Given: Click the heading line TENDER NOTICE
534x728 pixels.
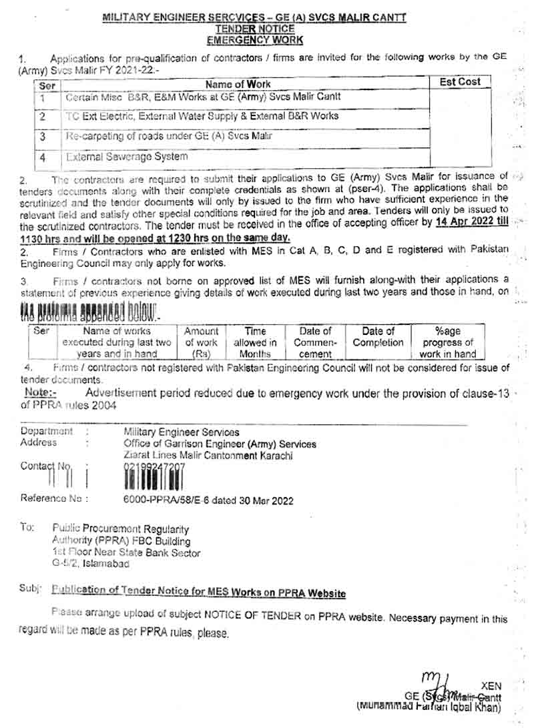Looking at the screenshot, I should (254, 29).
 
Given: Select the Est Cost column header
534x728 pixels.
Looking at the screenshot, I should (460, 82).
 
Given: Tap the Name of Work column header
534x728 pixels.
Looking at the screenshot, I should (238, 85).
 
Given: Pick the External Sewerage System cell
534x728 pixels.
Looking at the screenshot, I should (127, 157).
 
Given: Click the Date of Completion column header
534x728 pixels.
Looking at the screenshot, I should (378, 337).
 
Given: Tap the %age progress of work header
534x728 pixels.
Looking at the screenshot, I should (447, 342).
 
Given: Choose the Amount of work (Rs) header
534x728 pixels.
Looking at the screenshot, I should (201, 342).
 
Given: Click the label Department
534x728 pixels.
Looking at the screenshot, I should (47, 432).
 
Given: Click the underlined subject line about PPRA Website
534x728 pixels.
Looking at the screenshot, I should (198, 591).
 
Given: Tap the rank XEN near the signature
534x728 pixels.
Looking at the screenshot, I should (491, 685).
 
